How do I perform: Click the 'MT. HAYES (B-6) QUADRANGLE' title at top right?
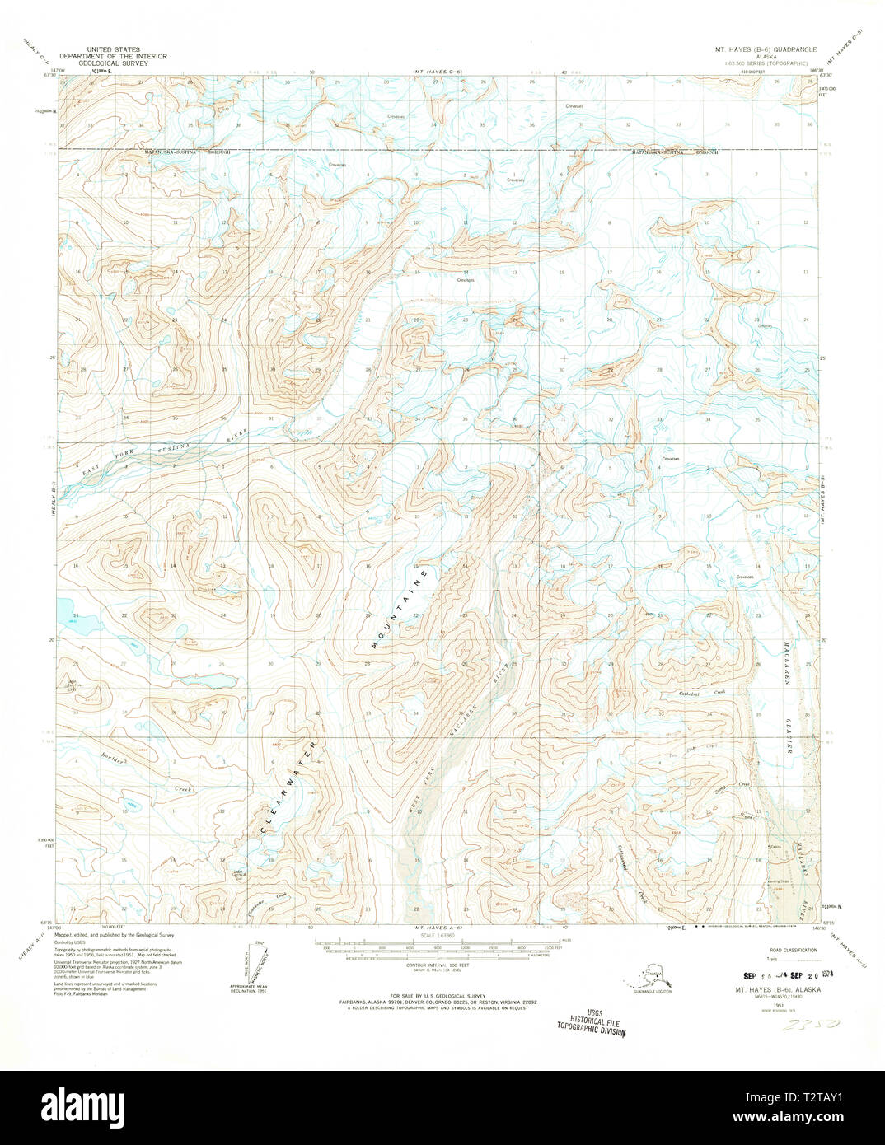766,49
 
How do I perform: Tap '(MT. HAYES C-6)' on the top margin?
438,72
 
